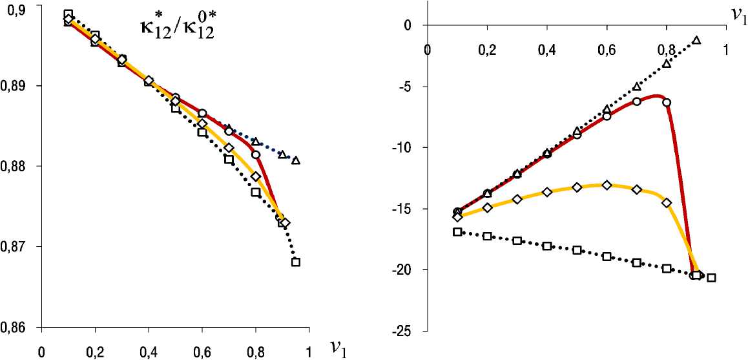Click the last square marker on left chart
tap(296, 262)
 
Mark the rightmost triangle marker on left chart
tap(296, 160)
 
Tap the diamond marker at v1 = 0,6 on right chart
tap(607, 185)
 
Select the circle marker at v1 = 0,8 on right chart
tap(667, 102)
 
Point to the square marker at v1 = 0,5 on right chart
tap(577, 250)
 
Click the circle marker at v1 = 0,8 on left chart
tap(256, 154)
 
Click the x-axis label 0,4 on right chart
tap(546, 49)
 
